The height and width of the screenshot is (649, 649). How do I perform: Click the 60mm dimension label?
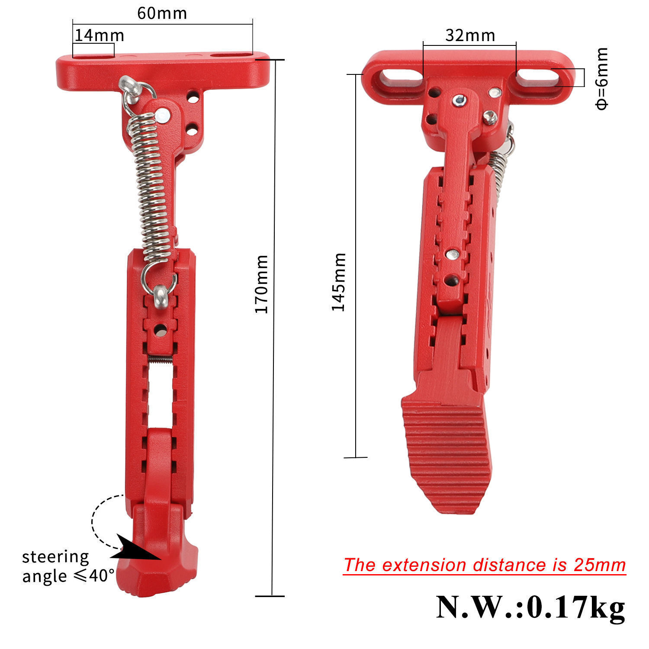click(x=162, y=13)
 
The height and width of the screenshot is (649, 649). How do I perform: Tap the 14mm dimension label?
click(x=99, y=35)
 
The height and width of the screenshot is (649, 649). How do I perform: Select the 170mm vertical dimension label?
click(x=261, y=284)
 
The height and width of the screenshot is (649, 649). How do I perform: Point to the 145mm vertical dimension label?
click(x=338, y=282)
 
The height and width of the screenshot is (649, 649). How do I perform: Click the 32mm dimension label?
click(x=470, y=35)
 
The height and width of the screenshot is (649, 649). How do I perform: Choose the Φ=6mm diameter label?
click(x=601, y=78)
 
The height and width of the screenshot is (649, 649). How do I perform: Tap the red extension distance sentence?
click(x=485, y=565)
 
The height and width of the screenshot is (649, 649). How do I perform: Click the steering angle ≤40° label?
click(x=65, y=566)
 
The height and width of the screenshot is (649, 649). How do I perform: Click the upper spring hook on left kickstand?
click(x=134, y=91)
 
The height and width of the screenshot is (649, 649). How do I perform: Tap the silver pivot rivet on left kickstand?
click(x=162, y=115)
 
